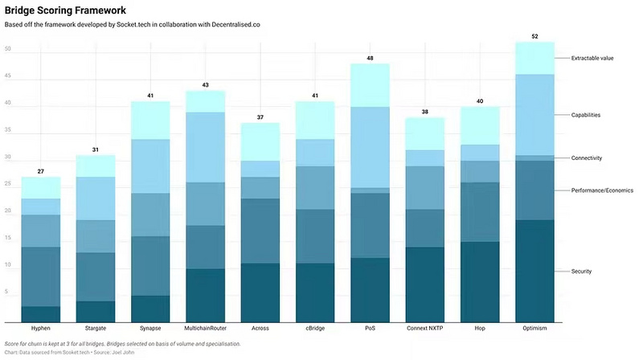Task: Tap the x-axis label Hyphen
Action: (x=41, y=328)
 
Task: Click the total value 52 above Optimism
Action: (x=534, y=36)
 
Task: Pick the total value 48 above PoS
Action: (x=371, y=58)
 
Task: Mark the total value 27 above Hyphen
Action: (x=41, y=171)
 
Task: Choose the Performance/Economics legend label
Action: (x=602, y=190)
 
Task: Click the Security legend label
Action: (x=581, y=271)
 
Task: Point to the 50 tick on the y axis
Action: (x=7, y=50)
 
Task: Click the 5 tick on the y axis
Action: (x=7, y=292)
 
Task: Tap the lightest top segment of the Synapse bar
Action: (x=150, y=121)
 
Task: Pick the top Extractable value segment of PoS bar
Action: (x=371, y=85)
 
